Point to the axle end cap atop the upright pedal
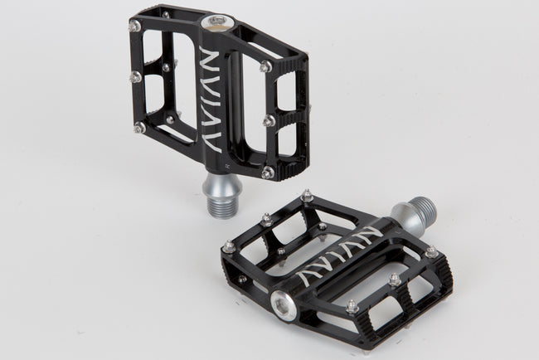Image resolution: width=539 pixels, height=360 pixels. pyautogui.click(x=216, y=20)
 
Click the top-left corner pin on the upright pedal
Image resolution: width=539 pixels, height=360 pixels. pyautogui.click(x=134, y=26)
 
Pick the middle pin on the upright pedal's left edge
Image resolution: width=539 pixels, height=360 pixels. pyautogui.click(x=134, y=77)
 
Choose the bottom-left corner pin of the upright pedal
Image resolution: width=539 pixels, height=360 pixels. pyautogui.click(x=139, y=128)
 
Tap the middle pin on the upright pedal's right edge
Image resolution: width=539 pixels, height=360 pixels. pyautogui.click(x=269, y=121)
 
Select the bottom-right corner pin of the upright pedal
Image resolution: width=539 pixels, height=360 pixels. pyautogui.click(x=267, y=173)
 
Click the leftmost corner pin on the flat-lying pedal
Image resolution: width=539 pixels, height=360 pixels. pyautogui.click(x=229, y=246)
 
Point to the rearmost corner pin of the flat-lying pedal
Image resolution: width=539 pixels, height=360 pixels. pyautogui.click(x=307, y=196)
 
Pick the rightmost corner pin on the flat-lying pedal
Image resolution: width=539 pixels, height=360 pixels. pyautogui.click(x=431, y=251)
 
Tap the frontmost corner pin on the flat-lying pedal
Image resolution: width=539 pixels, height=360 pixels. pyautogui.click(x=352, y=306)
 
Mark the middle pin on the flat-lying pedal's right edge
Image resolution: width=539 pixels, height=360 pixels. pyautogui.click(x=395, y=280)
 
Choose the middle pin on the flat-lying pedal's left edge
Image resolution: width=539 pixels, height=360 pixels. pyautogui.click(x=266, y=220)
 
